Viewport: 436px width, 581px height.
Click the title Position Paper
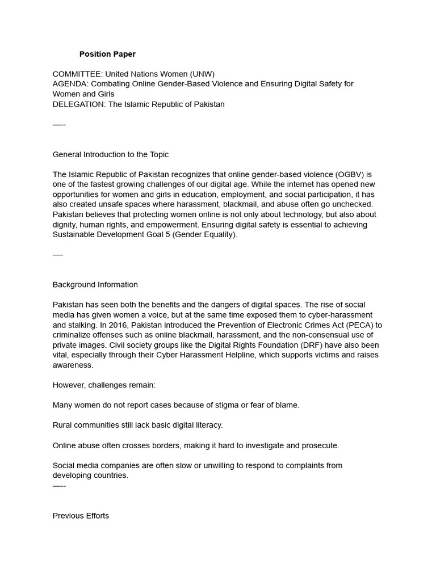click(107, 54)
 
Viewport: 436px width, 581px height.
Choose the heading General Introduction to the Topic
click(110, 154)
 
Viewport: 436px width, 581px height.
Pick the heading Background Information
click(95, 285)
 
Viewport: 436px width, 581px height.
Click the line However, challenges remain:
click(104, 385)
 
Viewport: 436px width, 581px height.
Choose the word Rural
click(63, 425)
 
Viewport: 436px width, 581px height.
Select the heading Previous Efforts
click(81, 516)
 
